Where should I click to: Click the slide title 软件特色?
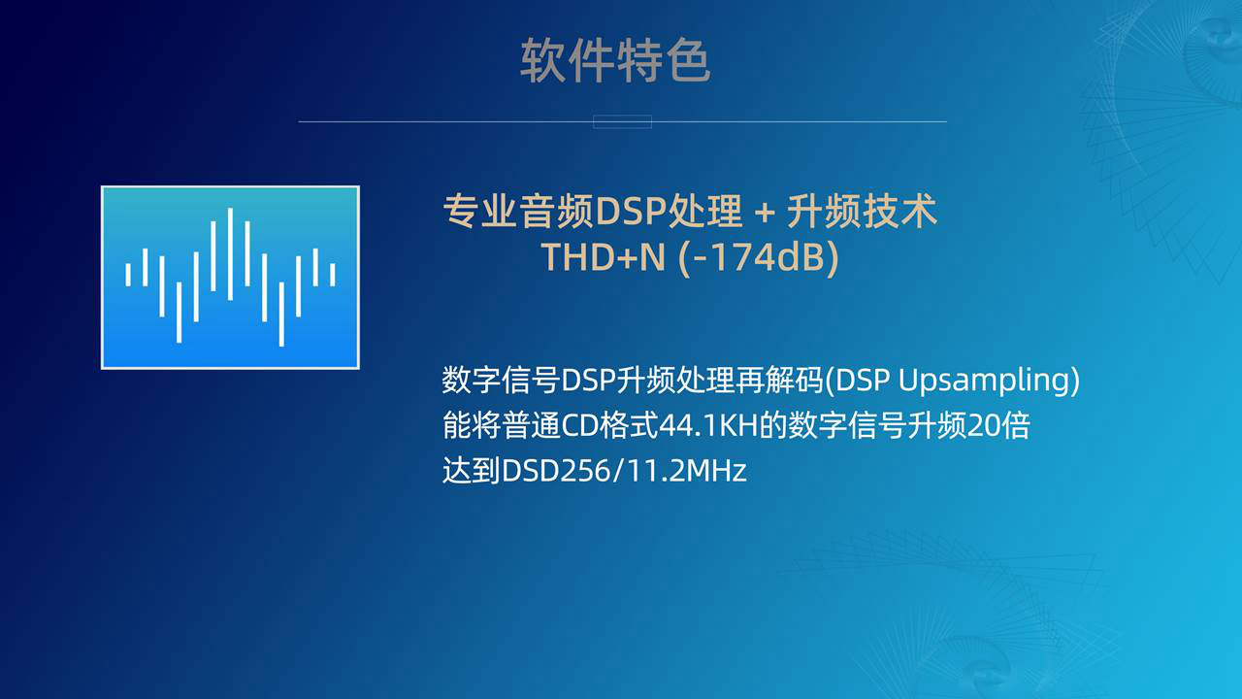615,60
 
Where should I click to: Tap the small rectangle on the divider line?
622,121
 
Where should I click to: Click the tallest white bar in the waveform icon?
230,254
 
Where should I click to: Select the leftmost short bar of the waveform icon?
128,275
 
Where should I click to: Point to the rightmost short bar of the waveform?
333,275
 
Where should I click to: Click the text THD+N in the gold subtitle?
604,257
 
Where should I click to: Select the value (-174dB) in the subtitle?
759,258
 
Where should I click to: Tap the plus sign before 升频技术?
765,213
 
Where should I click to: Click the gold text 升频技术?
863,212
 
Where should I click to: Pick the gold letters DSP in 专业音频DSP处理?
631,212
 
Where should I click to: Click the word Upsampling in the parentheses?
984,382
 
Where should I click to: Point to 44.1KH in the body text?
708,426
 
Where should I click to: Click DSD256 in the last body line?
556,471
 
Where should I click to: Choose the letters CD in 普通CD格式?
580,426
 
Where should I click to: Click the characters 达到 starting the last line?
472,470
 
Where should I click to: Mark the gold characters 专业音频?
518,212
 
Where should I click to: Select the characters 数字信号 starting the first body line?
502,380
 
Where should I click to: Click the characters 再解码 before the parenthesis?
779,380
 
